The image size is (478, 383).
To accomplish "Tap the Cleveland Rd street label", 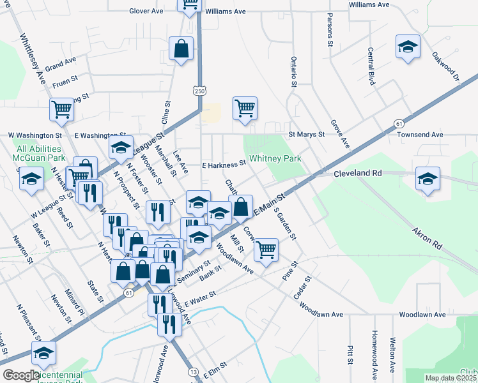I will click(x=357, y=173).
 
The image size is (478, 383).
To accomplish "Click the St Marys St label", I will click(x=307, y=135).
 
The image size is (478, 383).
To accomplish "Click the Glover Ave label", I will click(x=146, y=11).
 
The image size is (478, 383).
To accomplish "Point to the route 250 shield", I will click(x=200, y=92).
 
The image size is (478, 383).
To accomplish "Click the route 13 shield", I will click(x=194, y=372).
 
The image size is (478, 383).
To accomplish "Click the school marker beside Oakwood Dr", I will click(x=408, y=47).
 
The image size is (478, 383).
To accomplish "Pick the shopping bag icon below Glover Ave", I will click(x=181, y=49).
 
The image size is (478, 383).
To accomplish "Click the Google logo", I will click(x=20, y=375).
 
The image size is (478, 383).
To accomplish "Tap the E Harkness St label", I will click(x=224, y=164).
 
